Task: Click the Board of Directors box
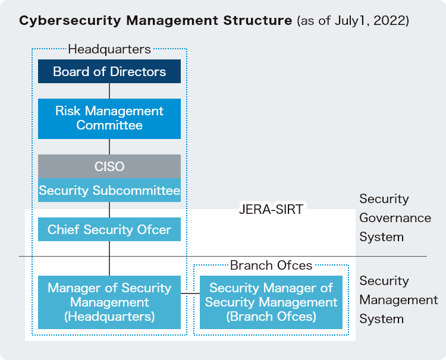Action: click(x=109, y=72)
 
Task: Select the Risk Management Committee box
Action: click(x=109, y=118)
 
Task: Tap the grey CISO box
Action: click(x=109, y=166)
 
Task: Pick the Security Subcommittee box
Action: click(x=109, y=191)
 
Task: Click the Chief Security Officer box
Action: click(x=109, y=229)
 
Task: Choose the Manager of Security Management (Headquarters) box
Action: click(x=109, y=302)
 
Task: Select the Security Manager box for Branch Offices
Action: click(x=271, y=302)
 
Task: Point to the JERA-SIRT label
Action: click(x=271, y=209)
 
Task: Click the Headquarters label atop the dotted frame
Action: click(x=109, y=49)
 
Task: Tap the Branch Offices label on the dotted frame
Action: click(x=271, y=265)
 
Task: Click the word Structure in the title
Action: click(x=260, y=21)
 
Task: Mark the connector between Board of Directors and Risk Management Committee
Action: click(x=109, y=91)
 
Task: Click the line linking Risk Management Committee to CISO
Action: click(x=109, y=147)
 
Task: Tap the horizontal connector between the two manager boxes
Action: click(x=190, y=293)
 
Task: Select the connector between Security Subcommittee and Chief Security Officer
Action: click(x=109, y=210)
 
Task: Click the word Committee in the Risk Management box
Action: click(x=109, y=125)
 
